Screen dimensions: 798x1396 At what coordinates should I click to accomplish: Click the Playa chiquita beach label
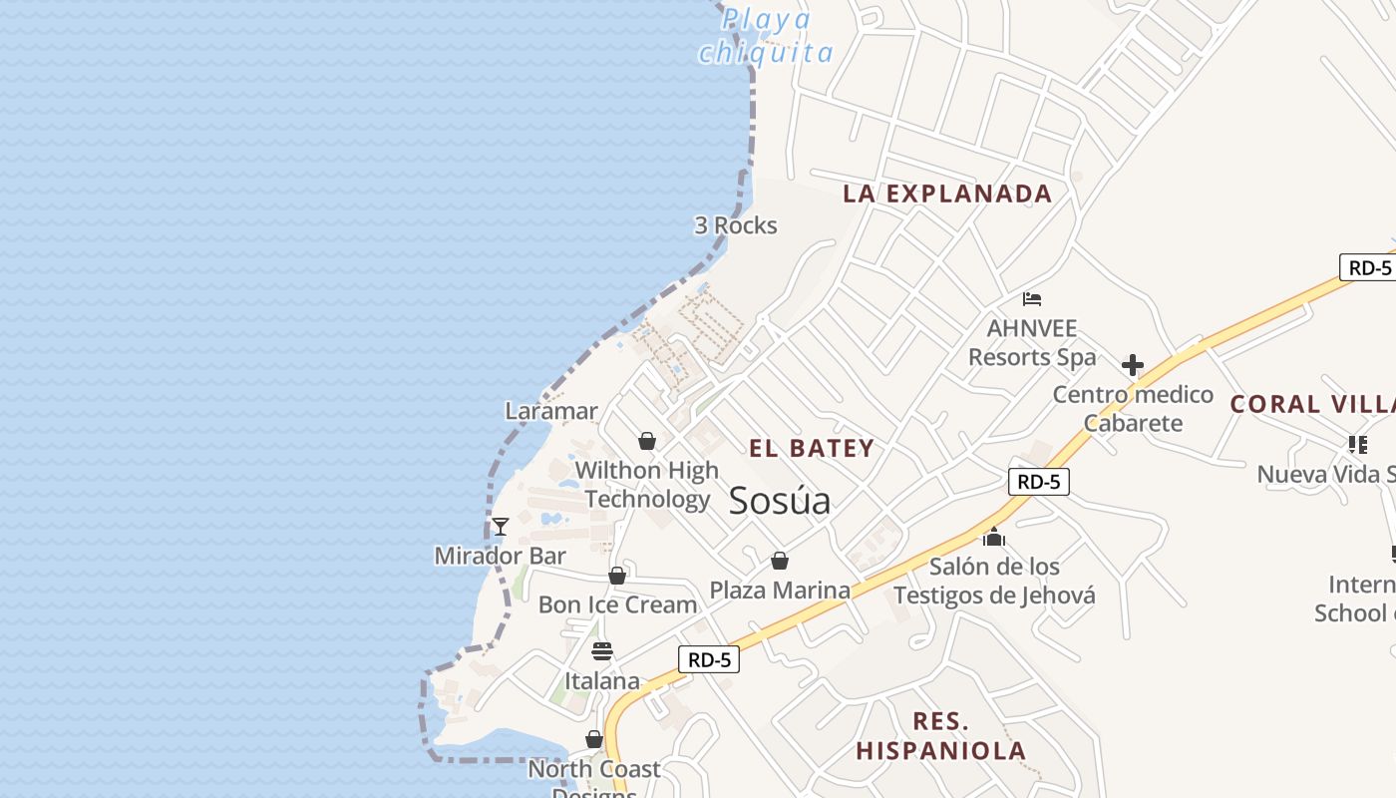[x=766, y=36]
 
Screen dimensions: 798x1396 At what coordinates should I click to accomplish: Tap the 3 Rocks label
[x=736, y=225]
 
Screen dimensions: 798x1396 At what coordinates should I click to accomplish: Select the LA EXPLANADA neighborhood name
[x=947, y=194]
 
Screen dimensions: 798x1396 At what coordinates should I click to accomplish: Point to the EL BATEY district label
[x=812, y=449]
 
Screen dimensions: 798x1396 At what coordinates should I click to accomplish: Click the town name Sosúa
[x=780, y=501]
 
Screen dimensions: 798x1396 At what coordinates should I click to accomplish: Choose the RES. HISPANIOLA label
[x=941, y=736]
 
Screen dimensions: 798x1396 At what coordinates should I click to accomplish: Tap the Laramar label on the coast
[x=551, y=411]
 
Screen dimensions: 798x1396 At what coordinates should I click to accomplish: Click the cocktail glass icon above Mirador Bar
[x=501, y=527]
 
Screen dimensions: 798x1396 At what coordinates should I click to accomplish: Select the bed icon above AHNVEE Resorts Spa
[x=1032, y=298]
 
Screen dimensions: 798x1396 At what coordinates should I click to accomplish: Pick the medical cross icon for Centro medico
[x=1133, y=365]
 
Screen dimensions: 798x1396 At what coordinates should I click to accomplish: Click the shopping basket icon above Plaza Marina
[x=780, y=562]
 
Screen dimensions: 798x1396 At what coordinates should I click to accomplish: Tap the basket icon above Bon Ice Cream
[x=617, y=577]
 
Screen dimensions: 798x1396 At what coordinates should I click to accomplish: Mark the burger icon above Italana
[x=602, y=652]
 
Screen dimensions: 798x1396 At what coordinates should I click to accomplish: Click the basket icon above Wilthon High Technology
[x=647, y=441]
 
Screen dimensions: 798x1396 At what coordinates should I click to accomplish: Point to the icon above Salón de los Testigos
[x=994, y=538]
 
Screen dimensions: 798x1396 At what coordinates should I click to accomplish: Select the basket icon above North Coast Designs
[x=594, y=740]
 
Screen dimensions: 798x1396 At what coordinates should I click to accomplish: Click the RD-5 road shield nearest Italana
[x=709, y=659]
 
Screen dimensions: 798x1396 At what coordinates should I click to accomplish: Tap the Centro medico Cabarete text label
[x=1134, y=409]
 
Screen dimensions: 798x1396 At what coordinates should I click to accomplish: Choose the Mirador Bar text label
[x=501, y=556]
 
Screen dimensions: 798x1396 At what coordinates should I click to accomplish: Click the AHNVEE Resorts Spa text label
[x=1032, y=343]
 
